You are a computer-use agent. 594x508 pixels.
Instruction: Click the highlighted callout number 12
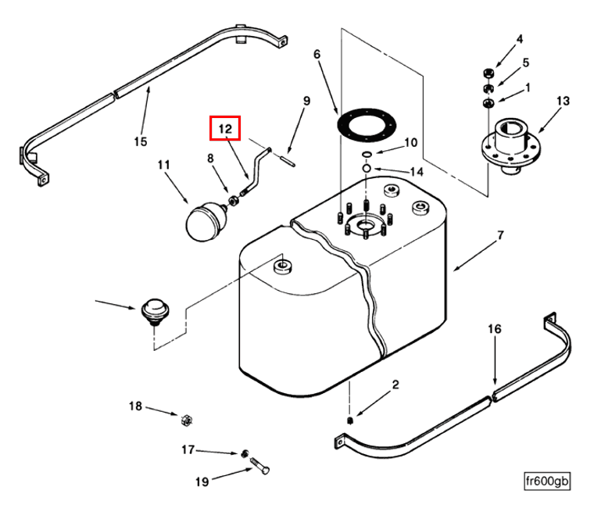click(225, 128)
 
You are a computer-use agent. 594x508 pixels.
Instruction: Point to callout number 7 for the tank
click(501, 234)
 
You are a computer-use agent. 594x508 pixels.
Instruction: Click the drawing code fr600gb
click(547, 481)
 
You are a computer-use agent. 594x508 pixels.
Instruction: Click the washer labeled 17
click(245, 453)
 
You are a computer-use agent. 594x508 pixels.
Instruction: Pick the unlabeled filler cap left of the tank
click(153, 309)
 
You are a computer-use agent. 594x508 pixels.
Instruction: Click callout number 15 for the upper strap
click(140, 141)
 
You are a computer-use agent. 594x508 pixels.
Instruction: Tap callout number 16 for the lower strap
click(494, 329)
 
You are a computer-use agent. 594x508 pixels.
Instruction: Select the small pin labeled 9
click(288, 162)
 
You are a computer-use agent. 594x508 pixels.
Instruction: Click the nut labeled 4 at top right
click(485, 73)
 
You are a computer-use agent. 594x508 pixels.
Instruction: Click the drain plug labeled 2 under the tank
click(350, 422)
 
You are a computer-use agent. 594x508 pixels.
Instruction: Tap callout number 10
click(411, 143)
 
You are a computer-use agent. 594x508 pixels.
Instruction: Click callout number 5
click(525, 63)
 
